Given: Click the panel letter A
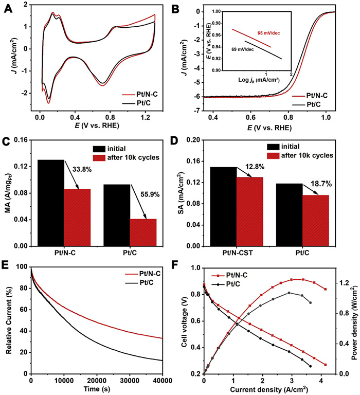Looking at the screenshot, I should pyautogui.click(x=9, y=9).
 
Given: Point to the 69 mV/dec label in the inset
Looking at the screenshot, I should pyautogui.click(x=244, y=49).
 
